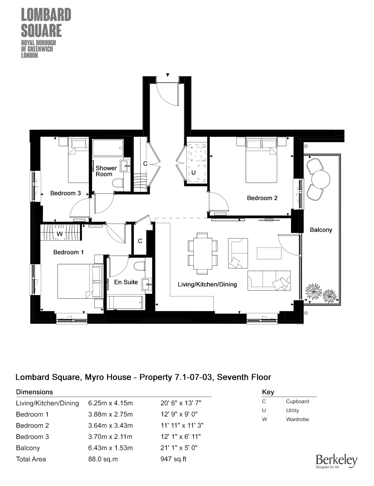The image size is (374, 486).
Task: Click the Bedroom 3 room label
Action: (x=65, y=193)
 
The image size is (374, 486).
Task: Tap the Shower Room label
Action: (x=106, y=171)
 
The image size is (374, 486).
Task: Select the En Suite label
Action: (x=126, y=282)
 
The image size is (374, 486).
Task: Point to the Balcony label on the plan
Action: (x=321, y=230)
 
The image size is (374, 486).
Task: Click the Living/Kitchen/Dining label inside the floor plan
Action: (x=207, y=284)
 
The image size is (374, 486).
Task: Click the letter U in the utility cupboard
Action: (x=193, y=173)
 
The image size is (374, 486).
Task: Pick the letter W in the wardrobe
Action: (x=59, y=234)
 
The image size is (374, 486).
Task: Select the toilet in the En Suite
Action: (x=139, y=266)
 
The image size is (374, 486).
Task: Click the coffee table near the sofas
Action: (x=269, y=253)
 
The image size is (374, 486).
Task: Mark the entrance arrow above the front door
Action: (x=168, y=75)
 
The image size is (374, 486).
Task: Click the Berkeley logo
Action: (x=336, y=461)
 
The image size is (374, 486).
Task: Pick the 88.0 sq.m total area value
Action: (x=103, y=459)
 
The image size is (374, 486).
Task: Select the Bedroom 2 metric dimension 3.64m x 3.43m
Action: (x=110, y=425)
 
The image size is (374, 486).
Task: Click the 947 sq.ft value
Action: (x=173, y=459)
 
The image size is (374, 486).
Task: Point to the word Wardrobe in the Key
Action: (x=297, y=419)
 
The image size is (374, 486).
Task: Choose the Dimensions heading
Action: (x=34, y=392)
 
